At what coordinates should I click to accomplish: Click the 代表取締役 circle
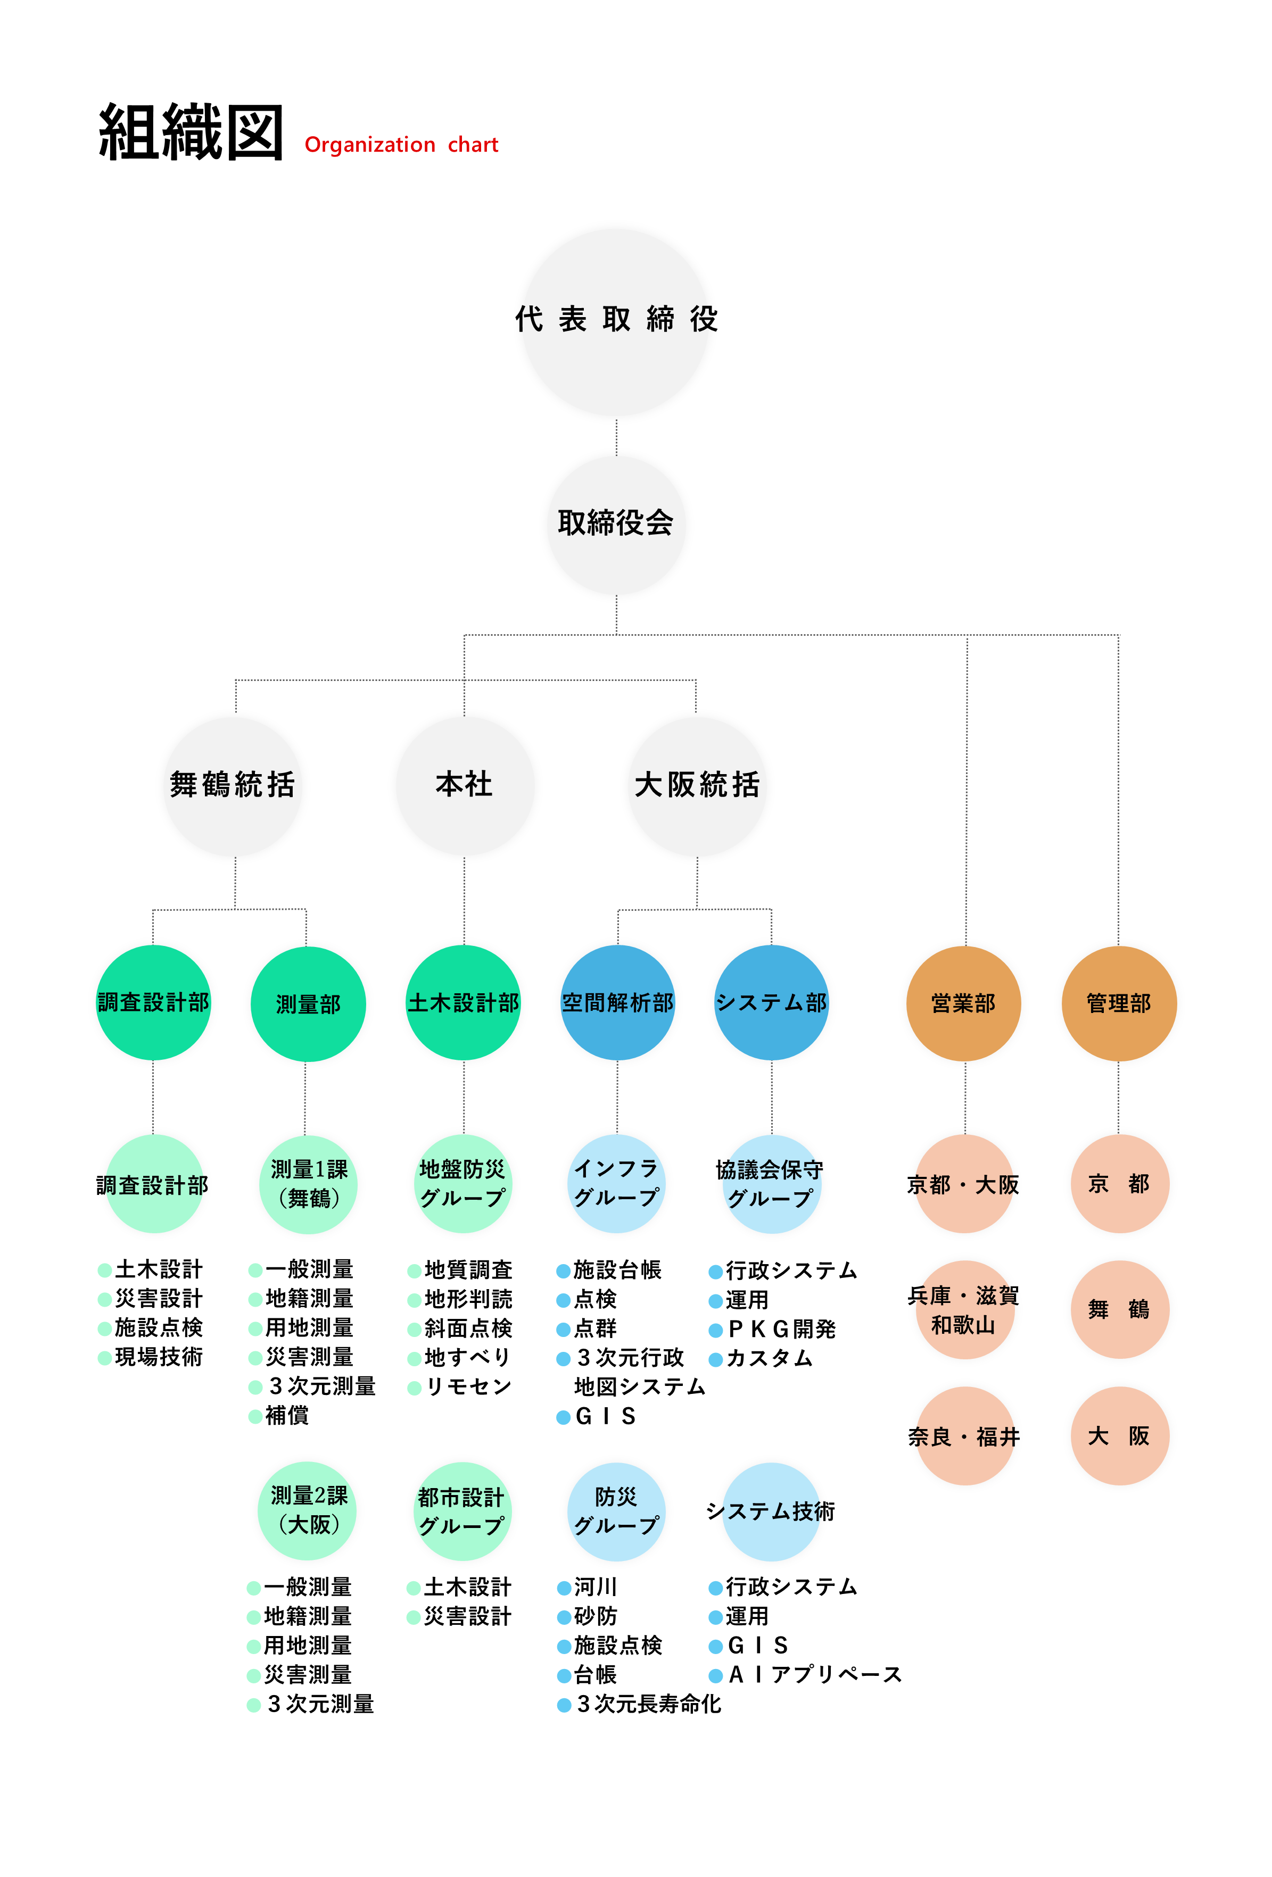(616, 321)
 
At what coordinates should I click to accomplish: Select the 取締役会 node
(616, 524)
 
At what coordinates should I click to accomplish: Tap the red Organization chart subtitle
(401, 145)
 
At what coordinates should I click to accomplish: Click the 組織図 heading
(191, 133)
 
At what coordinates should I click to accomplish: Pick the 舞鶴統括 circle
(233, 785)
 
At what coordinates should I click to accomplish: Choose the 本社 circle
(464, 785)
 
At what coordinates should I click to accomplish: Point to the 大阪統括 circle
(697, 785)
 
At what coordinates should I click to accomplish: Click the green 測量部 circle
(308, 1004)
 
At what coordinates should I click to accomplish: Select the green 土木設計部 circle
(463, 1003)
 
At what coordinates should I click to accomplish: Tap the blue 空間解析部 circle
(617, 1003)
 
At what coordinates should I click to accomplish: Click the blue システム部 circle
(771, 1003)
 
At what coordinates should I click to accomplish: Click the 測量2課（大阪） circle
(308, 1510)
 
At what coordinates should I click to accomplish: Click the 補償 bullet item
(287, 1416)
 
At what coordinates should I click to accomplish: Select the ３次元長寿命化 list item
(648, 1704)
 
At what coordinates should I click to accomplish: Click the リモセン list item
(468, 1387)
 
